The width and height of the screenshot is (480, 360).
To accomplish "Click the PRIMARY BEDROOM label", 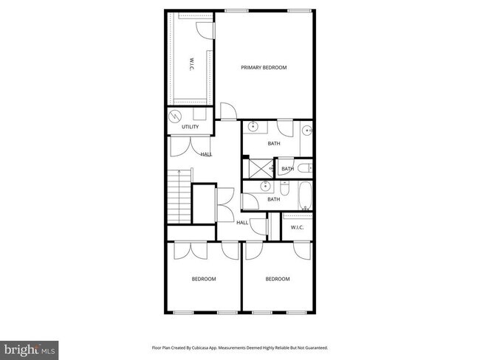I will (264, 67).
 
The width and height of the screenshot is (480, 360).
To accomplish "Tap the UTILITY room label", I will (190, 127).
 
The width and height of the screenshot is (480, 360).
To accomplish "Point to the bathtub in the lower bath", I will (304, 198).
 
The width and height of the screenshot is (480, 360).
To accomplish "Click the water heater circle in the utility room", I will (176, 117).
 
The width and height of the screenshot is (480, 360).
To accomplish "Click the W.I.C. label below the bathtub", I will (298, 226).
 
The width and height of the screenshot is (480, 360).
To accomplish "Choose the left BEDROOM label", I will (204, 279).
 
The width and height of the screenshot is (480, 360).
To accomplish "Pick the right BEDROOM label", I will (278, 279).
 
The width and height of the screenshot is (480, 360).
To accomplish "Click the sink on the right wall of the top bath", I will (308, 132).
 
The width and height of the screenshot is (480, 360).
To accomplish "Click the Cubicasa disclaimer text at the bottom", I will (239, 347).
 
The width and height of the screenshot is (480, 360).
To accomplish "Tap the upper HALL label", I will (206, 154).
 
